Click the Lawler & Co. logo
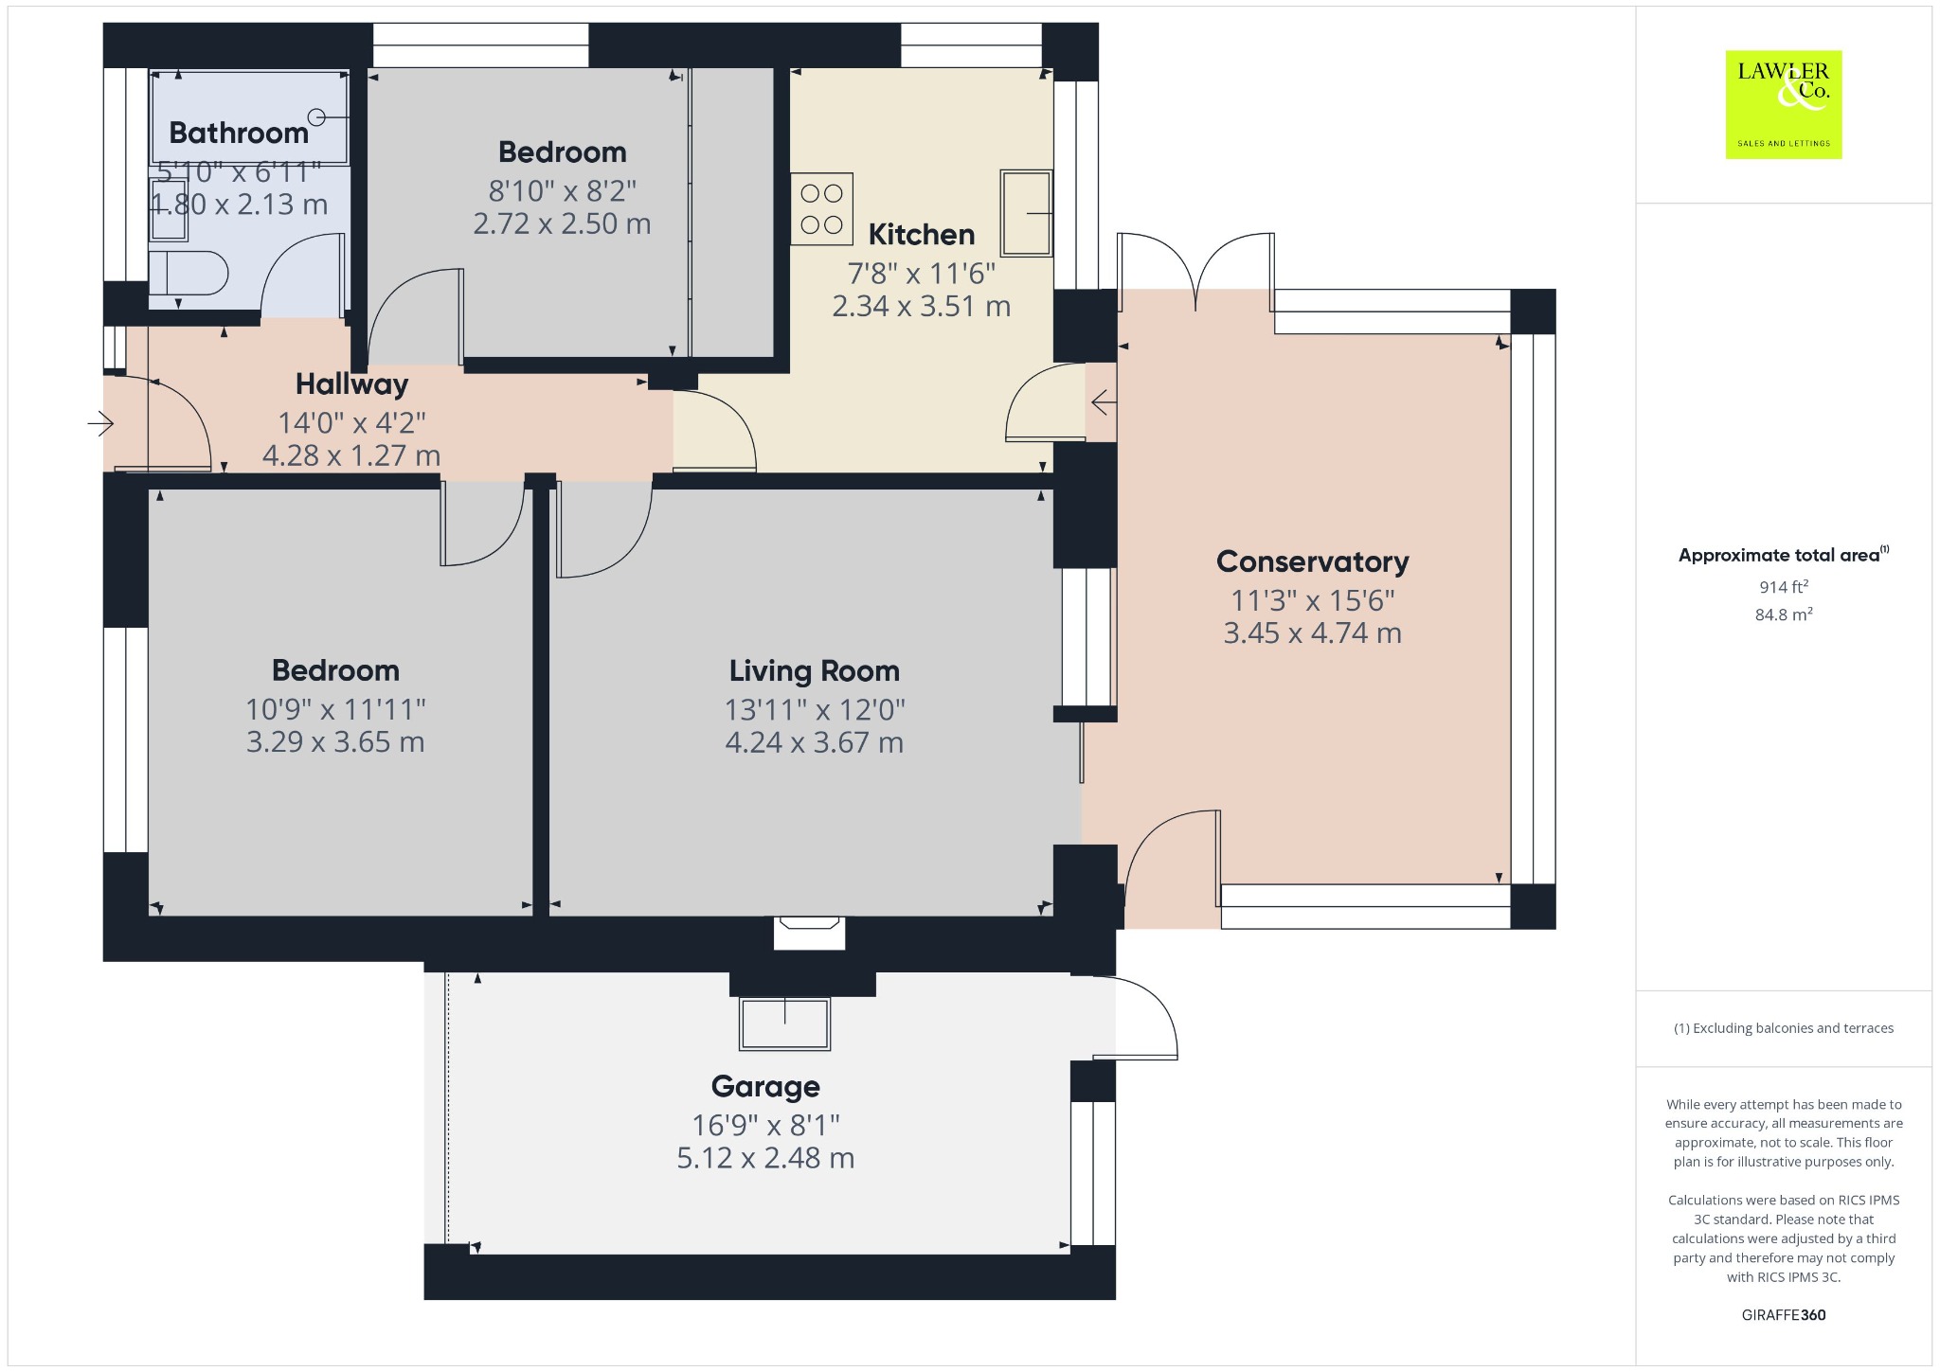pos(1783,104)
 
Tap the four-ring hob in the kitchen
pos(821,209)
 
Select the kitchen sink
pos(1026,213)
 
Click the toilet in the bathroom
pos(189,275)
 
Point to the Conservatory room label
pos(1312,561)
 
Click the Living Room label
pos(814,671)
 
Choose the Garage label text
pos(765,1087)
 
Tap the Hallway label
pos(351,384)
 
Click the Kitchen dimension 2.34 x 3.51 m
pos(921,307)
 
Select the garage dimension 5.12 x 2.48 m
pos(765,1158)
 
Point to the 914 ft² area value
pos(1784,587)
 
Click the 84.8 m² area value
pos(1784,614)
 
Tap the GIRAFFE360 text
pos(1784,1315)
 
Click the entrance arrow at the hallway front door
pos(100,423)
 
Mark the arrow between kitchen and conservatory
pos(1104,404)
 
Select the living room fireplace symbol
pos(809,932)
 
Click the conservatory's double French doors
pos(1195,271)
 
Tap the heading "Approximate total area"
pos(1779,556)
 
